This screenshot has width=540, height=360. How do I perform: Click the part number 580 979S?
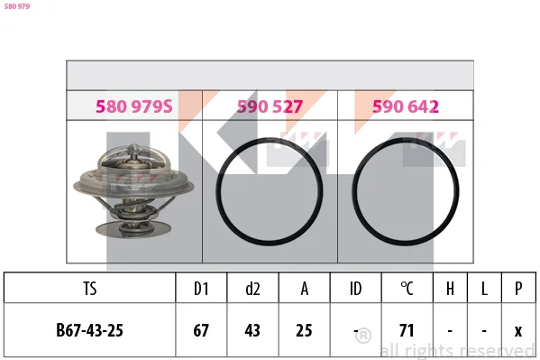click(x=134, y=106)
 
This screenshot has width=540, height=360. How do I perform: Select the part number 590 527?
click(x=270, y=106)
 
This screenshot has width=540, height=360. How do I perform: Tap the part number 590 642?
click(x=406, y=106)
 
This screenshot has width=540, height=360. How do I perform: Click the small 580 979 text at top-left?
click(x=17, y=6)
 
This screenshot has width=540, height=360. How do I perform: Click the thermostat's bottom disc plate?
click(x=133, y=228)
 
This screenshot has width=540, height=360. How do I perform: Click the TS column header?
click(x=89, y=289)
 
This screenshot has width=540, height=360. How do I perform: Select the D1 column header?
click(x=201, y=289)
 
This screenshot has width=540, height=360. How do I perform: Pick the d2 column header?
click(x=252, y=289)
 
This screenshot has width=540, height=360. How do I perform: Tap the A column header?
click(x=304, y=289)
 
